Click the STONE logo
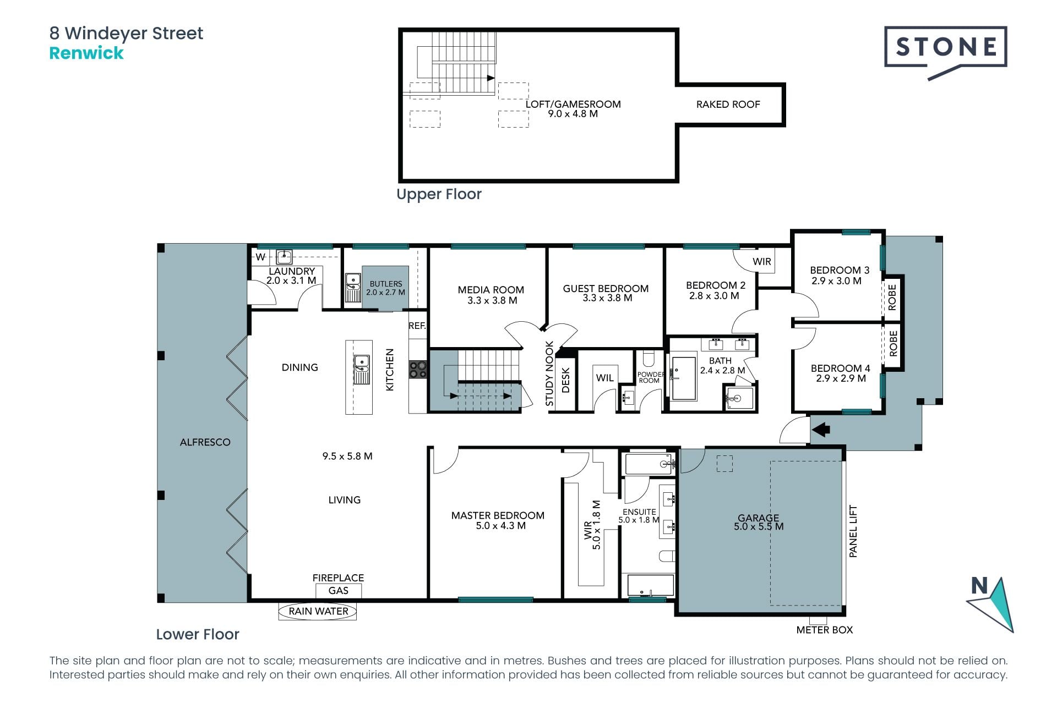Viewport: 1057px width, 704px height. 945,52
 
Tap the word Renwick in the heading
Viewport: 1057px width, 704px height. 86,53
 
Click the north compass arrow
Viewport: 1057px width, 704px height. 991,604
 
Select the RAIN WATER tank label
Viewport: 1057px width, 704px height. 318,611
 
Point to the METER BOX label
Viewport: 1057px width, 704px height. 824,630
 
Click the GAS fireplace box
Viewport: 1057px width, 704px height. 339,591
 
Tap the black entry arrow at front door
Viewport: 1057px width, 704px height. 821,429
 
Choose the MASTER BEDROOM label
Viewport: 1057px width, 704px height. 498,515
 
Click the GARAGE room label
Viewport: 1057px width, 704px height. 758,518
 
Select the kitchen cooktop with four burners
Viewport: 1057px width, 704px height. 417,369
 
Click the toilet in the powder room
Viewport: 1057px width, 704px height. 649,359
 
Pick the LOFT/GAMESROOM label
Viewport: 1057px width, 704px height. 573,104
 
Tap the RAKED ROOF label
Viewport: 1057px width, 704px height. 728,105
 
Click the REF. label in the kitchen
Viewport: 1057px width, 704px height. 417,326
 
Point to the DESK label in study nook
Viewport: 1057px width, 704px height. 565,380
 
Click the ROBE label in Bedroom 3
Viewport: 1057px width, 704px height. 892,297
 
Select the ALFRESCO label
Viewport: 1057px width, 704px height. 205,442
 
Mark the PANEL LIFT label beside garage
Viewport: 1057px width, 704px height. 853,531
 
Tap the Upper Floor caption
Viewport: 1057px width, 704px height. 439,194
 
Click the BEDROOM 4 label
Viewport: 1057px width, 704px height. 840,369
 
